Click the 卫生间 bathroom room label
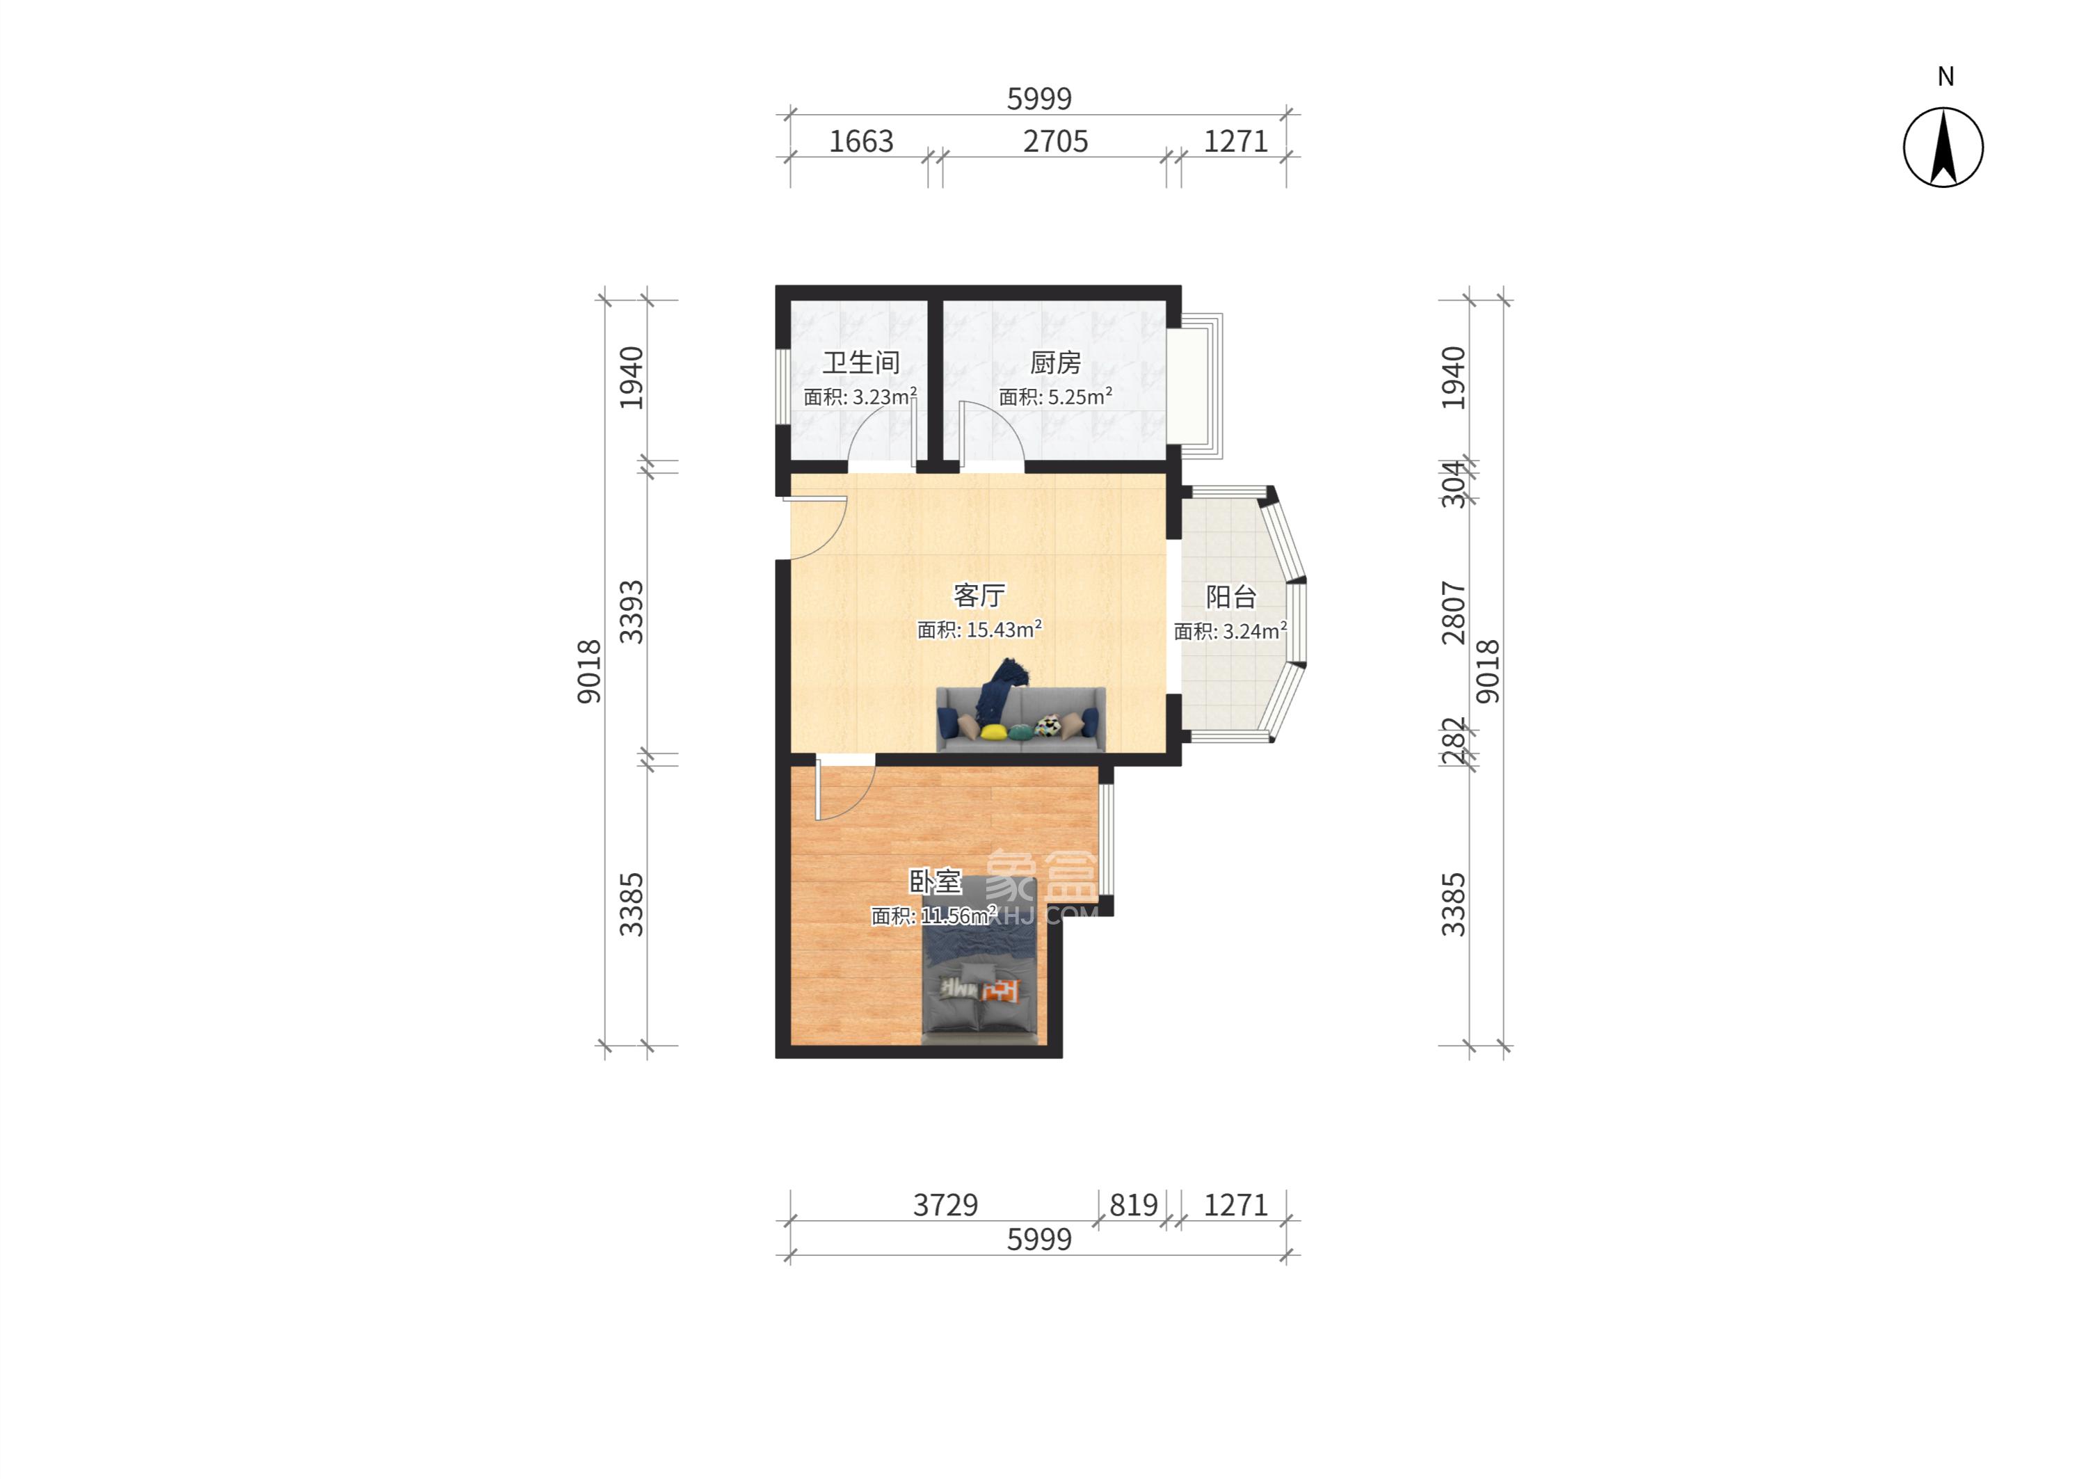click(860, 362)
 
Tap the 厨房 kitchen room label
click(1054, 362)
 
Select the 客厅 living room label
click(979, 595)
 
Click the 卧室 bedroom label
click(935, 881)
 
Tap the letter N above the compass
click(1945, 77)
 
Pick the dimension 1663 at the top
click(860, 141)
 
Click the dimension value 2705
click(1055, 141)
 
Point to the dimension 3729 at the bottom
click(945, 1205)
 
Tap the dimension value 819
click(1132, 1205)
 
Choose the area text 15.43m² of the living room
click(1004, 630)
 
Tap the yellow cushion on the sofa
click(993, 731)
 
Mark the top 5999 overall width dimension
click(1039, 98)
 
